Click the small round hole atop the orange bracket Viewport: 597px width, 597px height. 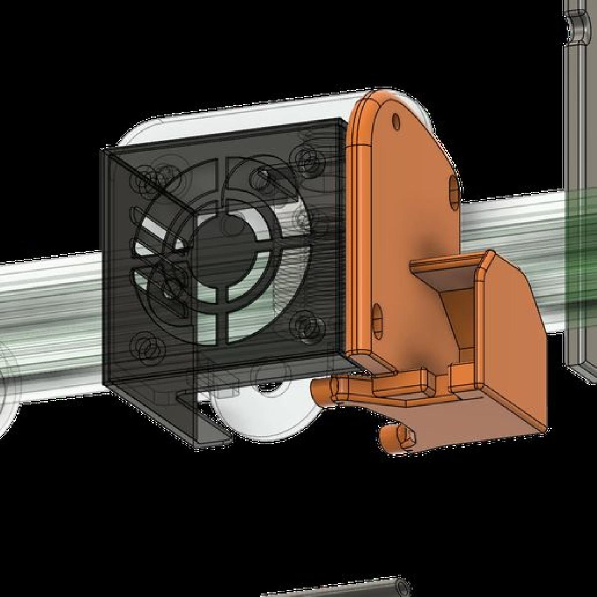coord(396,120)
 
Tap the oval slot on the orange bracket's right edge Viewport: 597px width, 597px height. coord(454,191)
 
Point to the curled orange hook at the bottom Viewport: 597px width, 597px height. coord(393,438)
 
